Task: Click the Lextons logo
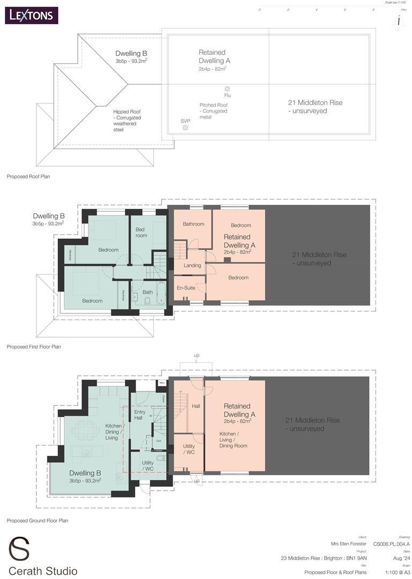pyautogui.click(x=32, y=15)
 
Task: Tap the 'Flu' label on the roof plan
pyautogui.click(x=227, y=96)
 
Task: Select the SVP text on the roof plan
pyautogui.click(x=185, y=121)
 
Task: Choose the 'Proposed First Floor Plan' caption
pyautogui.click(x=34, y=347)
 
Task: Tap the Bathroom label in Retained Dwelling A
pyautogui.click(x=193, y=224)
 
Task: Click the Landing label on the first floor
pyautogui.click(x=192, y=265)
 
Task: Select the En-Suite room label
pyautogui.click(x=186, y=288)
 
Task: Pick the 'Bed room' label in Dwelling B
pyautogui.click(x=141, y=232)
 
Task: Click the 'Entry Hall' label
pyautogui.click(x=138, y=414)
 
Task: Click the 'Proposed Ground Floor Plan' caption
pyautogui.click(x=37, y=521)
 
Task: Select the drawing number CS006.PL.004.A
pyautogui.click(x=391, y=544)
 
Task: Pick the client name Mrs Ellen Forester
pyautogui.click(x=349, y=544)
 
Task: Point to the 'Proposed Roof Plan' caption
pyautogui.click(x=28, y=176)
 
